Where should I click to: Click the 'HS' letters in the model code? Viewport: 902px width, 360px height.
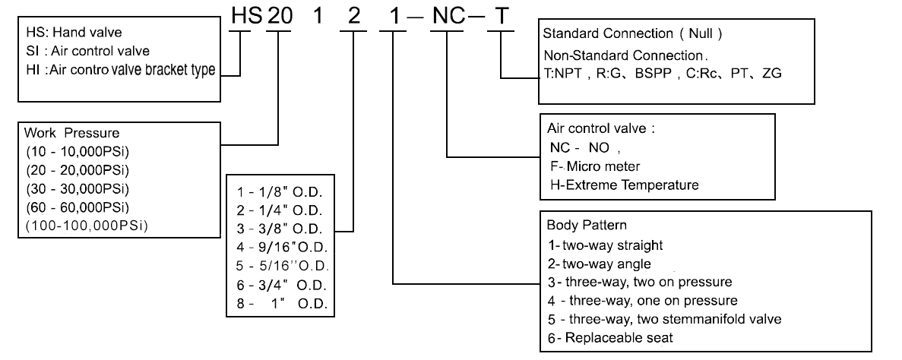pos(242,17)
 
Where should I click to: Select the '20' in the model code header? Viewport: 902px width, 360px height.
pos(280,17)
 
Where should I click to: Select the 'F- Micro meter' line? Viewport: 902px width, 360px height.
pos(593,166)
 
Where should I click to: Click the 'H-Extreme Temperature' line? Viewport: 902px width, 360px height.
pos(623,185)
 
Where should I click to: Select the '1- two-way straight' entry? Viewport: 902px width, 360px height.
pos(605,245)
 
